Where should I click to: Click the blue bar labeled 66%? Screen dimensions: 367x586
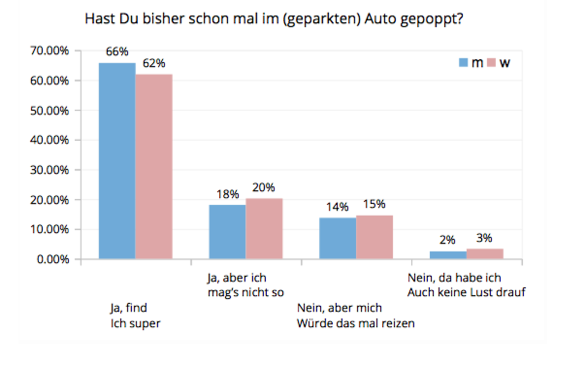(x=117, y=160)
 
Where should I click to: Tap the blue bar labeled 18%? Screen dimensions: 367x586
(x=227, y=232)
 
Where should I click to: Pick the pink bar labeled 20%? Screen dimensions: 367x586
(x=264, y=228)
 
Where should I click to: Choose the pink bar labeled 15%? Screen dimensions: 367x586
(x=374, y=237)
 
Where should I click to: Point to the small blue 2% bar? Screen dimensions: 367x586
(x=448, y=255)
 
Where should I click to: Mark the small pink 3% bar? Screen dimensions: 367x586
(x=485, y=253)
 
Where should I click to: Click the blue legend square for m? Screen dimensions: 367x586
(x=464, y=63)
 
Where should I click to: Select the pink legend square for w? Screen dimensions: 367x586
(x=490, y=63)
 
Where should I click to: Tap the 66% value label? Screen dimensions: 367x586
(x=117, y=51)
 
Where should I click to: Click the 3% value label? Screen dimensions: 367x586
(x=484, y=238)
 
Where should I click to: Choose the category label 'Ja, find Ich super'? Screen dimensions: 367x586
(x=134, y=316)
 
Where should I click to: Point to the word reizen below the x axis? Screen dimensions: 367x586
(x=399, y=323)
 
